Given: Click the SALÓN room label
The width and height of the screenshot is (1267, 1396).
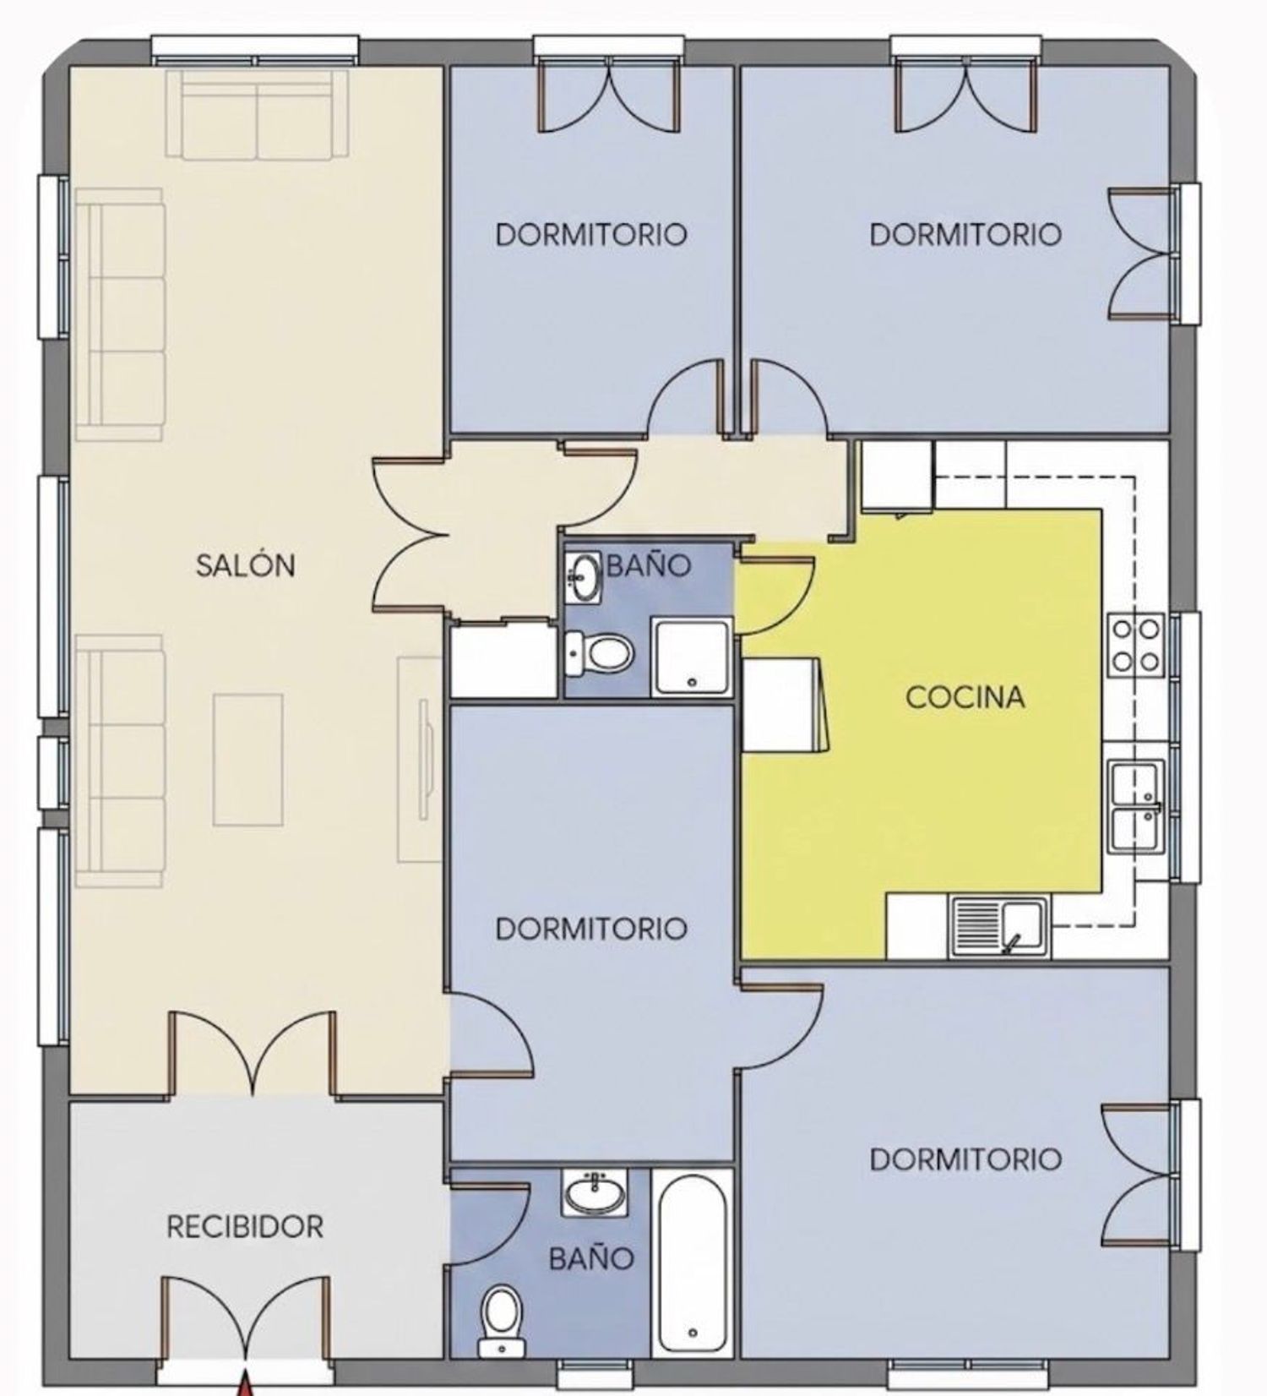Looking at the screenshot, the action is click(245, 564).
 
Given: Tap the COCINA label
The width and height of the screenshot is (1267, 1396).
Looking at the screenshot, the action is click(965, 697).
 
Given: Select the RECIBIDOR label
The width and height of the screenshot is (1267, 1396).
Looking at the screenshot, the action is click(245, 1226).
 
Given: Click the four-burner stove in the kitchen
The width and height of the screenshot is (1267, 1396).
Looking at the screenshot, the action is click(1136, 645).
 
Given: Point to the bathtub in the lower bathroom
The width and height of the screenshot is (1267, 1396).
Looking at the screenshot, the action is click(693, 1264).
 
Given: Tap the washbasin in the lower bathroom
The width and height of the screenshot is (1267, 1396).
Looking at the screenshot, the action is click(595, 1193).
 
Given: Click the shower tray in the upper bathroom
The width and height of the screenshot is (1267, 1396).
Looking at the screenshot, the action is click(692, 657).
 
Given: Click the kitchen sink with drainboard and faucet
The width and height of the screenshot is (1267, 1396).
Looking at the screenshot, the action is click(1000, 926).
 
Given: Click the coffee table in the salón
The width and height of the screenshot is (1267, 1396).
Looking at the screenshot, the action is click(247, 759).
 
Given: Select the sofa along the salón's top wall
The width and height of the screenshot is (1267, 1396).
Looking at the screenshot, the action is click(257, 115).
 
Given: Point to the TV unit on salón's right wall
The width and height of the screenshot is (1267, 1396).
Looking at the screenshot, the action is click(421, 759).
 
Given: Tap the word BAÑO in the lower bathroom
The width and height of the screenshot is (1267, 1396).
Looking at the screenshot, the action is click(591, 1259).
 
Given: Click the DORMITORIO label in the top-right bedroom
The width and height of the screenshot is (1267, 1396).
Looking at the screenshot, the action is click(965, 234).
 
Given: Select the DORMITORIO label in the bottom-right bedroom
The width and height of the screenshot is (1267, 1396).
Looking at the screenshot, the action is click(965, 1159).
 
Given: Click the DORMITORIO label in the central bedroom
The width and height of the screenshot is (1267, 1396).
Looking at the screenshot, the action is click(591, 929).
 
